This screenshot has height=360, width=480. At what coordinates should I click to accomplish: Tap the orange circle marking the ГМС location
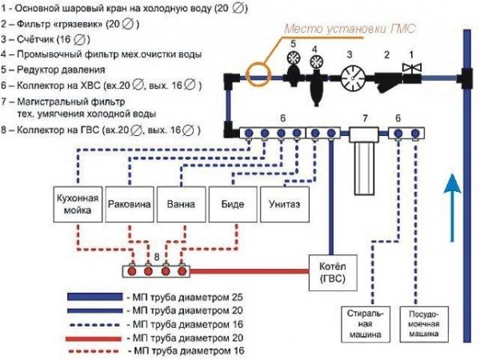click(x=258, y=76)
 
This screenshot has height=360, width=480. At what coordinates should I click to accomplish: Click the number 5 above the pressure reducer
click(x=294, y=43)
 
